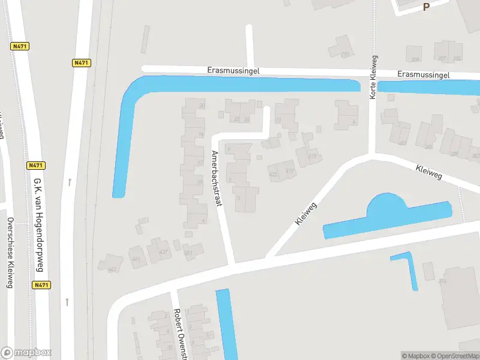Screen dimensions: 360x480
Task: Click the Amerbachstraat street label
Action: click(x=216, y=178)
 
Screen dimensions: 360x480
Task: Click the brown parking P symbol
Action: click(x=427, y=7)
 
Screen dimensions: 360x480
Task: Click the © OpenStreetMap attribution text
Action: click(x=454, y=356)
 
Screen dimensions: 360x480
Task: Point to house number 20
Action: click(x=202, y=106)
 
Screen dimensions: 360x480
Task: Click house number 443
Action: click(x=112, y=269)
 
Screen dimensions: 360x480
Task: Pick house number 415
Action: click(x=312, y=157)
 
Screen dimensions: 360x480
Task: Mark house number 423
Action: click(x=273, y=175)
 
